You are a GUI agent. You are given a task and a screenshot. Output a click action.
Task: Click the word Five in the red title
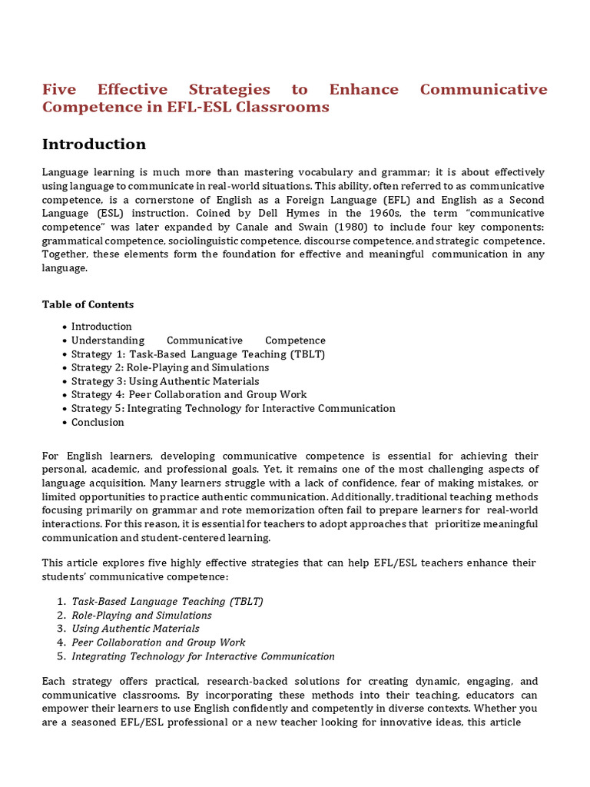point(59,90)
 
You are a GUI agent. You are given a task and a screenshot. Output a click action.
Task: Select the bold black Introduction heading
point(94,144)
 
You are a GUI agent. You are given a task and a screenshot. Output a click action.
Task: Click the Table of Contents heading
point(88,304)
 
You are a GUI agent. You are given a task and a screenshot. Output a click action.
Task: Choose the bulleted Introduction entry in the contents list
point(101,327)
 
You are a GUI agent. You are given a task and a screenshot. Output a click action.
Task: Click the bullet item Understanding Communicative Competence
point(198,340)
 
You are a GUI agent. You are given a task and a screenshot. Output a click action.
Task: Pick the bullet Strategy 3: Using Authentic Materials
point(165,381)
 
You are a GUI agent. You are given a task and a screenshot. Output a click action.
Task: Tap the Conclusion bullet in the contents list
point(98,422)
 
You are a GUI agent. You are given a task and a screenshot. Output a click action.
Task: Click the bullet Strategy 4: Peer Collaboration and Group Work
point(189,395)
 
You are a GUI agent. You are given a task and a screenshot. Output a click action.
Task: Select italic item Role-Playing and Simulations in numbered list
point(141,616)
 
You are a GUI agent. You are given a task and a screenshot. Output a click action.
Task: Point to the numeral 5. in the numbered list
point(61,656)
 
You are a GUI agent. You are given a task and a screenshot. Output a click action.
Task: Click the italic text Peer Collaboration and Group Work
point(158,643)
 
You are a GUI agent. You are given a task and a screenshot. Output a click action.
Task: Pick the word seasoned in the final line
point(101,722)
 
